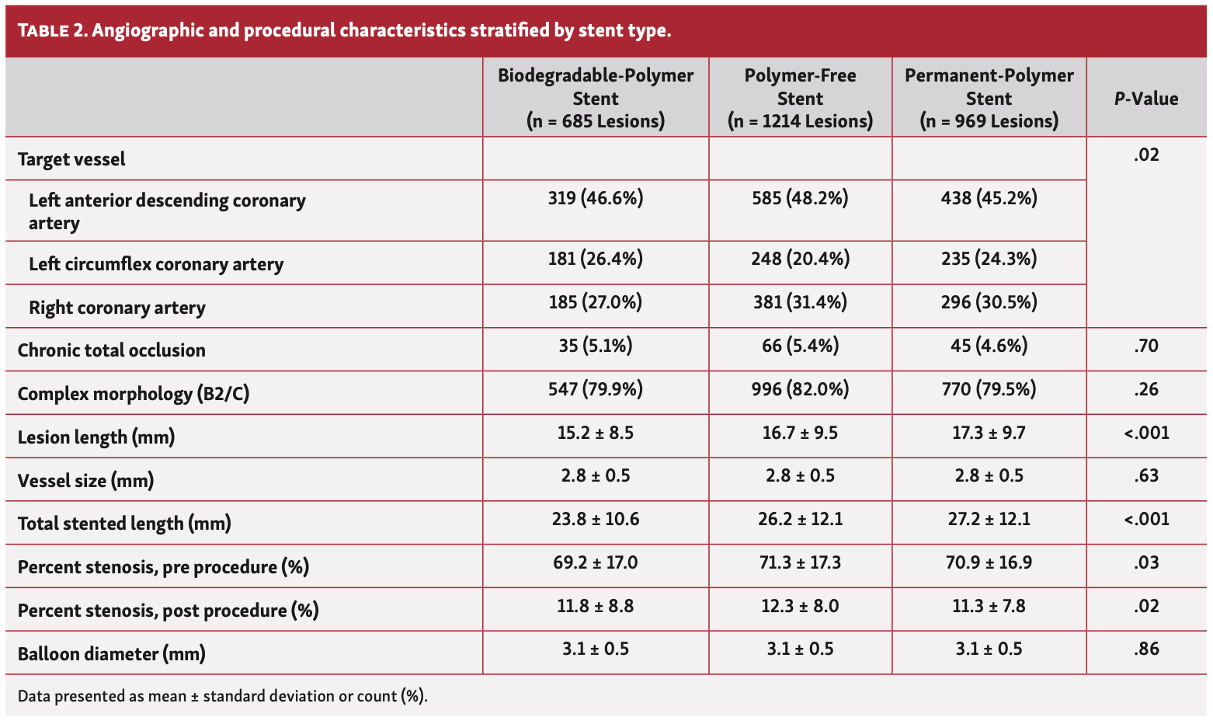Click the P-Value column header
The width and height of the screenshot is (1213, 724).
click(1146, 99)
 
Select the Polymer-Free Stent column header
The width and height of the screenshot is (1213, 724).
click(800, 98)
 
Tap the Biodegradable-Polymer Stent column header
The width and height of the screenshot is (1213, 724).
click(596, 98)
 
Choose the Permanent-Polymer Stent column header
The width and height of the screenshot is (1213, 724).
click(989, 98)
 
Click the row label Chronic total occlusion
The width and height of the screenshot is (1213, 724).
click(112, 350)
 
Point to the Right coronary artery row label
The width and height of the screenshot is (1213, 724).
click(117, 308)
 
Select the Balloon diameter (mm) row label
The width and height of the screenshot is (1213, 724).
click(112, 654)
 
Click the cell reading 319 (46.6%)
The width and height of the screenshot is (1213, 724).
click(596, 199)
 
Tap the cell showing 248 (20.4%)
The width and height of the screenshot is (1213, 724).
click(800, 259)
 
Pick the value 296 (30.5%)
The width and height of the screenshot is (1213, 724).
click(989, 302)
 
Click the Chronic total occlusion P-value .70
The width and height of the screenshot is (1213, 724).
click(1146, 346)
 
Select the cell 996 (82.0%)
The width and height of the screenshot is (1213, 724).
click(800, 389)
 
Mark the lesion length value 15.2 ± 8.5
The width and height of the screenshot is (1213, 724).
click(596, 433)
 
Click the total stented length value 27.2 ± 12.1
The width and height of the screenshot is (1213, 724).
click(989, 519)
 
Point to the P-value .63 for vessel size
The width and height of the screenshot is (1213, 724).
click(1146, 475)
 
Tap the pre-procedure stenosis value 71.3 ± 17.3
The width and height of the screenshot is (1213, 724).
click(800, 562)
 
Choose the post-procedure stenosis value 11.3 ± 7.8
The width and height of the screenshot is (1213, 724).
click(989, 606)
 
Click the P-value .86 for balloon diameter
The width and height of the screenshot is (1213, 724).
click(1146, 649)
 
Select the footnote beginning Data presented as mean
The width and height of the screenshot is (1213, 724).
click(223, 696)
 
